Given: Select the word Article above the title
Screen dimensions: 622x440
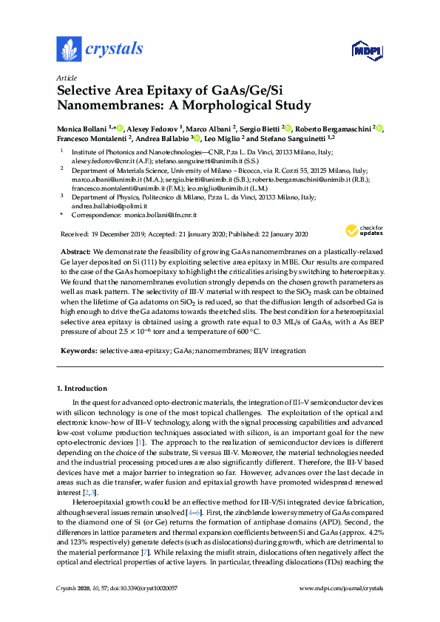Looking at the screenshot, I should pyautogui.click(x=67, y=78).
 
